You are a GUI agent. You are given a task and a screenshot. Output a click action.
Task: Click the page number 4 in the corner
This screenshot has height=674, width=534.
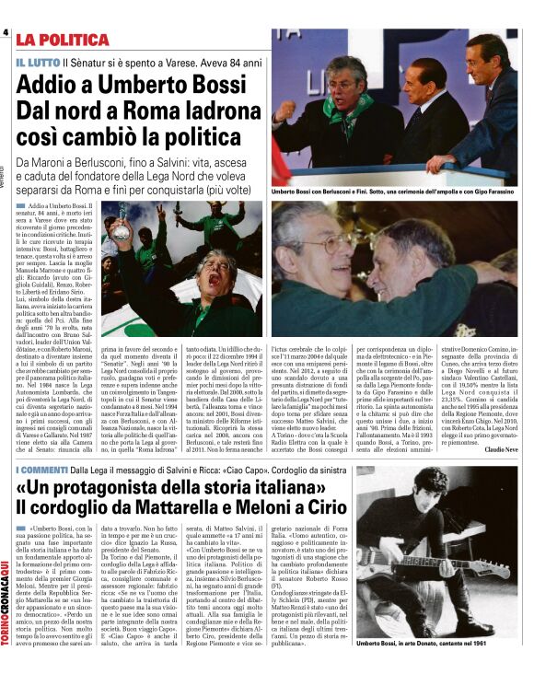6,33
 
